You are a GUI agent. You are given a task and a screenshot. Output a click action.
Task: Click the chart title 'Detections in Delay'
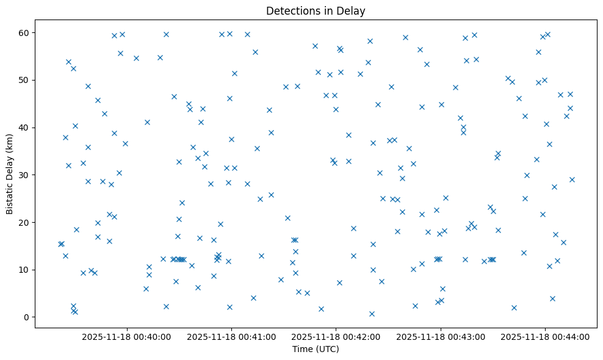click(x=316, y=10)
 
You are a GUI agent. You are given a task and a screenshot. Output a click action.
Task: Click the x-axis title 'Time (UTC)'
click(x=316, y=350)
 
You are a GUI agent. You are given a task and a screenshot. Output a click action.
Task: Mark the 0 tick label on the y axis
click(x=28, y=317)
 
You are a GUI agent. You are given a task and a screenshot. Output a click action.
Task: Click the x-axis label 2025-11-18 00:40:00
click(x=126, y=337)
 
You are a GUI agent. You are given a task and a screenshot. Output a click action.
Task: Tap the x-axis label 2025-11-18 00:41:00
click(x=231, y=337)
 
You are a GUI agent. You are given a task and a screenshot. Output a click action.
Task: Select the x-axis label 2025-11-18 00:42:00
click(x=336, y=337)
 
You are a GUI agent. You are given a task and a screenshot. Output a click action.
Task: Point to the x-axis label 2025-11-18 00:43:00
click(x=441, y=337)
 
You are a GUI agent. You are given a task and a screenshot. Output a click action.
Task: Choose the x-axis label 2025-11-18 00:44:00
click(x=545, y=337)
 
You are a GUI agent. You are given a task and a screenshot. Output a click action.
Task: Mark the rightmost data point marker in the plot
click(x=572, y=179)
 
